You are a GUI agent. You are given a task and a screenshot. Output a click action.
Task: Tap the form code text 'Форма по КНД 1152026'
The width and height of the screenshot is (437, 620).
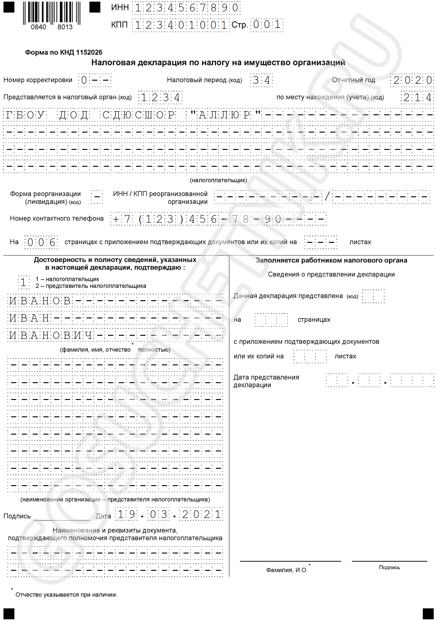point(64,52)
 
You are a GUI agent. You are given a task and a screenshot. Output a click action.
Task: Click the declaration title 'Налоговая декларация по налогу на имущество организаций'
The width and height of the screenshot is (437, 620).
point(218,62)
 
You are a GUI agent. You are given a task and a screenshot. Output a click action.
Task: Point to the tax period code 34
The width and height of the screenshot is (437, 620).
point(261,80)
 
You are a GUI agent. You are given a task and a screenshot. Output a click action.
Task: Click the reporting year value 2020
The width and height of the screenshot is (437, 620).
point(412,80)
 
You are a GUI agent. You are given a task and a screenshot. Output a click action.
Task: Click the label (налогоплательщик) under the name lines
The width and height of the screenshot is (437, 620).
point(218,180)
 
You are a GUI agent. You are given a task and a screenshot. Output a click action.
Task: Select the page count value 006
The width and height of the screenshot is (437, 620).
point(41,242)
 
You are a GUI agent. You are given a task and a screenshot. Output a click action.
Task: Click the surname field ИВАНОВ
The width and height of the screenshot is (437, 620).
point(40,301)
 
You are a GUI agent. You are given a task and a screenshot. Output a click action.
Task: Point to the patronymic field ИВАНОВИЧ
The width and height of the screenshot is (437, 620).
point(51,336)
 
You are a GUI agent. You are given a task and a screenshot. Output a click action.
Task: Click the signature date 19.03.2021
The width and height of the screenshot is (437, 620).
point(169,515)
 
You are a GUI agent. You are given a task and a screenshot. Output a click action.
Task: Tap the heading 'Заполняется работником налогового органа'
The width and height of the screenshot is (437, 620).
point(331,261)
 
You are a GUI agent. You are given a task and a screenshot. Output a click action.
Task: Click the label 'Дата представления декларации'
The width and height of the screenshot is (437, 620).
point(266,381)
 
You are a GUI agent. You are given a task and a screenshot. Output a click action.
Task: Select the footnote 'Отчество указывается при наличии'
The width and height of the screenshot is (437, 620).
point(66,594)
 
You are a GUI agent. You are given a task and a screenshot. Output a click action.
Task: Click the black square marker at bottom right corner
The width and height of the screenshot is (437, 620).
point(428,614)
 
